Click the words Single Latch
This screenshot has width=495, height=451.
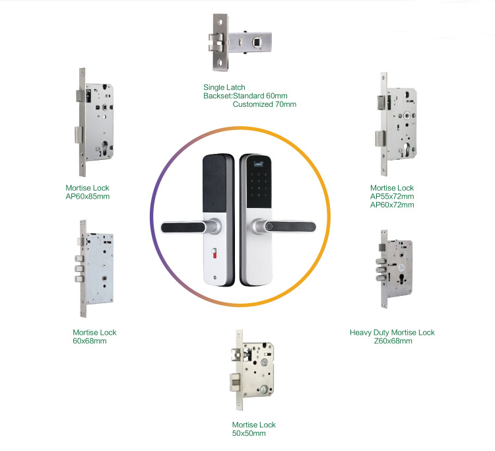[224, 87]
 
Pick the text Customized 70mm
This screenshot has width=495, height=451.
[265, 104]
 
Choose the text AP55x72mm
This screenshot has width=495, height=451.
[392, 197]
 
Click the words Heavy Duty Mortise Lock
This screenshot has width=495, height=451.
[392, 333]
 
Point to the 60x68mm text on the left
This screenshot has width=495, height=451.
[90, 341]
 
